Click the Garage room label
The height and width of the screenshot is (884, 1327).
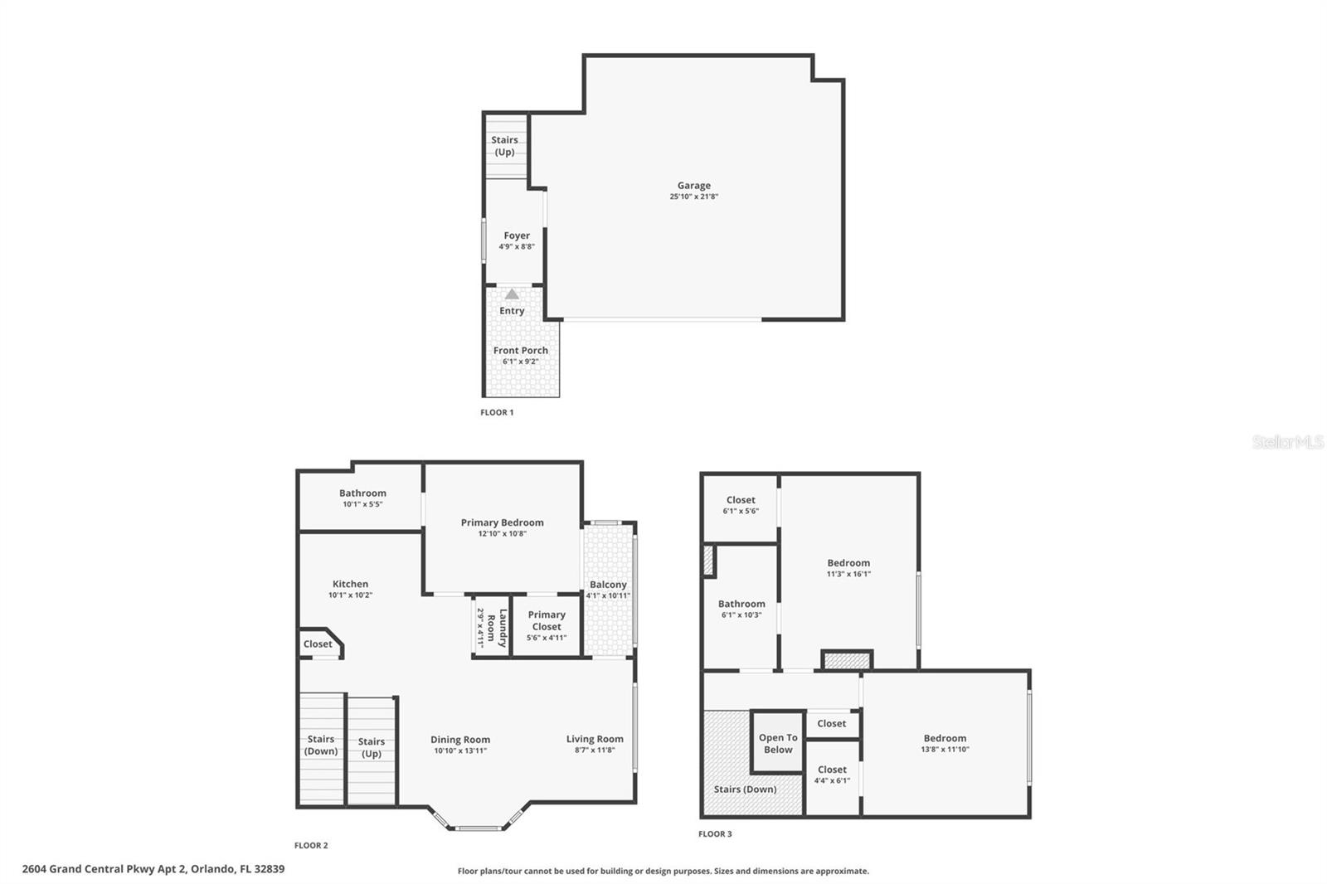tap(693, 186)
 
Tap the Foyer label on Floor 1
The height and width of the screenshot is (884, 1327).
tap(517, 236)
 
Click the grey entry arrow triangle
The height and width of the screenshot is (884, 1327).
tap(512, 294)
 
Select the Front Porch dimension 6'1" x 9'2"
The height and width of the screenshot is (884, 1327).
tap(520, 362)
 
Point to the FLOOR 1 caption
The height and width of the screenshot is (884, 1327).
tap(497, 412)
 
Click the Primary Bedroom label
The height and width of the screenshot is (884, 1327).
tap(502, 522)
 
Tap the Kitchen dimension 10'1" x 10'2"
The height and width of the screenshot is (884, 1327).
tap(350, 595)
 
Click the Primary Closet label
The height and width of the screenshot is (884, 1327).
tap(547, 620)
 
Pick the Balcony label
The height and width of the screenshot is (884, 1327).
tap(608, 585)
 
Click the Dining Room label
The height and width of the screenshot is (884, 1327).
tap(459, 740)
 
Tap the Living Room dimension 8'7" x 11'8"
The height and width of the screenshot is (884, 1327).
tap(595, 750)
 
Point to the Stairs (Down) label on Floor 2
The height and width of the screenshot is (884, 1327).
tap(321, 745)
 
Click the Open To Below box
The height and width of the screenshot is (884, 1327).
tap(778, 743)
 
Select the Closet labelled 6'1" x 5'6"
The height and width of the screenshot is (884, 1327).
tap(741, 500)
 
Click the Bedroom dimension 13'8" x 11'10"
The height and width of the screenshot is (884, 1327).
tap(945, 750)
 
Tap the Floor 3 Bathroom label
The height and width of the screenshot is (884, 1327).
tap(741, 604)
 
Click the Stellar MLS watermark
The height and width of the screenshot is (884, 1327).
tap(1287, 442)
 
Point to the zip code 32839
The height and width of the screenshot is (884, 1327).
tap(270, 869)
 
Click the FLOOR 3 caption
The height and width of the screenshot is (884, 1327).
tap(715, 834)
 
